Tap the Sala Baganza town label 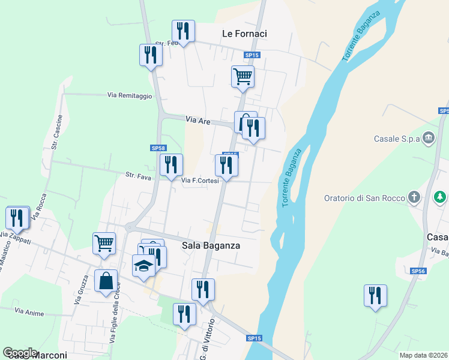point(211,245)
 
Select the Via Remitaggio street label point(130,95)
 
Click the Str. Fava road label point(138,176)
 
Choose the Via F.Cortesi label point(199,180)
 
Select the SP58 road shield point(158,148)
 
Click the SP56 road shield point(418,271)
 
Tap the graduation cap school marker point(143,265)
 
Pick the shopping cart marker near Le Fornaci point(243,76)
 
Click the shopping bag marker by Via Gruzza point(106,281)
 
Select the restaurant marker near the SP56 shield point(375,295)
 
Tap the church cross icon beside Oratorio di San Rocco point(414,197)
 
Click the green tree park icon point(441,196)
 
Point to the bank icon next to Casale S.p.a point(429,138)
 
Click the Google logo point(20,353)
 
